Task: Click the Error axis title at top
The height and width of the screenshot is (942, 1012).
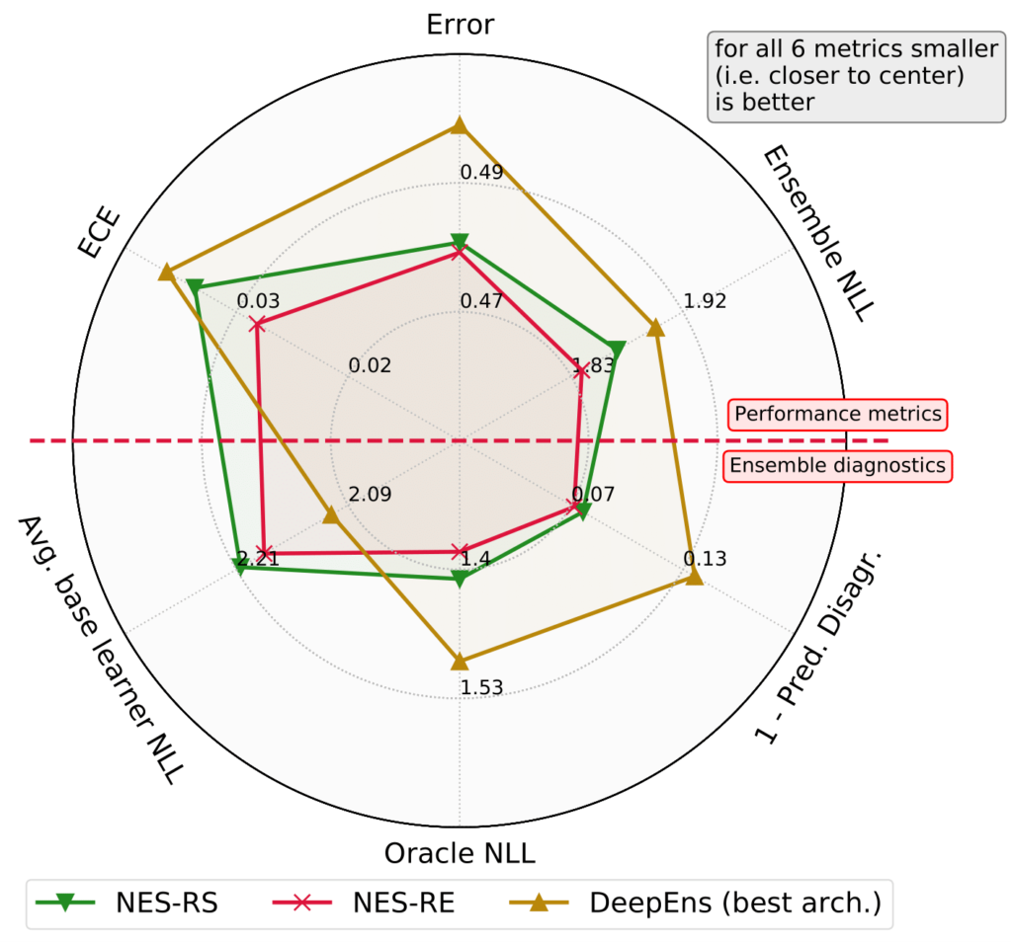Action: [x=459, y=24]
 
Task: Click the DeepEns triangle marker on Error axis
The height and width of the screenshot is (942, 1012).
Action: [x=459, y=125]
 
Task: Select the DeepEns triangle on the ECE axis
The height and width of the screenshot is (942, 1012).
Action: [x=166, y=272]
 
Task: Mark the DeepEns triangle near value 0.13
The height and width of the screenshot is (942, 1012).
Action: [x=694, y=577]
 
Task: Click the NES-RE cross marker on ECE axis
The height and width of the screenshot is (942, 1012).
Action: [x=257, y=324]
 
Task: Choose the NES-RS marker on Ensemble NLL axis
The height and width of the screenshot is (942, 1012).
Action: [x=618, y=350]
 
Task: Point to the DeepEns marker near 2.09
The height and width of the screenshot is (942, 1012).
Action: [x=331, y=514]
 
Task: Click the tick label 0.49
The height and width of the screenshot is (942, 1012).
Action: [x=481, y=173]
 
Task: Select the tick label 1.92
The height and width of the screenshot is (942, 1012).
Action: [x=705, y=301]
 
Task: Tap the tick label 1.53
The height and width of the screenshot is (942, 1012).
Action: [x=481, y=687]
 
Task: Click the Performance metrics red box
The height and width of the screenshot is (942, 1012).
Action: [x=837, y=414]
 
